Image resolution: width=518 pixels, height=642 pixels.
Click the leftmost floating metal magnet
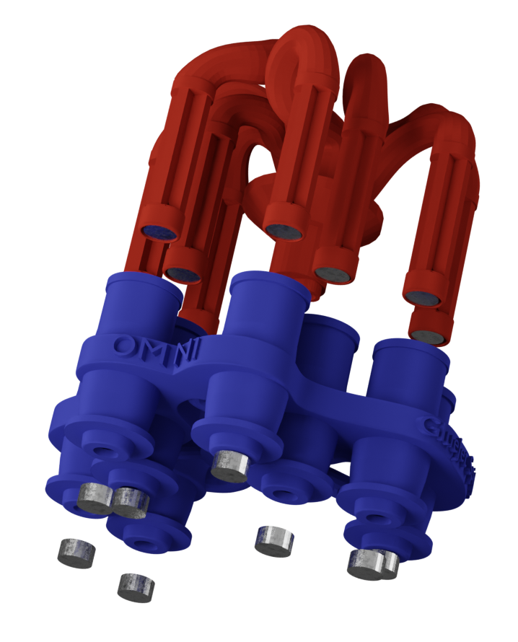[x=76, y=553]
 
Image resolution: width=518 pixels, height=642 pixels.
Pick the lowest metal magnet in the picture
[x=136, y=586]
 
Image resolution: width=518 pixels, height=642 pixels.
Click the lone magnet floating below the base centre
[x=275, y=540]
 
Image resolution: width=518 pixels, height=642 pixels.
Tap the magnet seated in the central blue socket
[x=231, y=465]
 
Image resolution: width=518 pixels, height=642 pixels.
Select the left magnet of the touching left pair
[x=95, y=497]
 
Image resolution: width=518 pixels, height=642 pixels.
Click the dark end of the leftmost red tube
[x=160, y=232]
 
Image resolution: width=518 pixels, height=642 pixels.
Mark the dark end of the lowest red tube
[x=429, y=336]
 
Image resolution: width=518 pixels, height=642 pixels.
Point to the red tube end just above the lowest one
[x=422, y=297]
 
